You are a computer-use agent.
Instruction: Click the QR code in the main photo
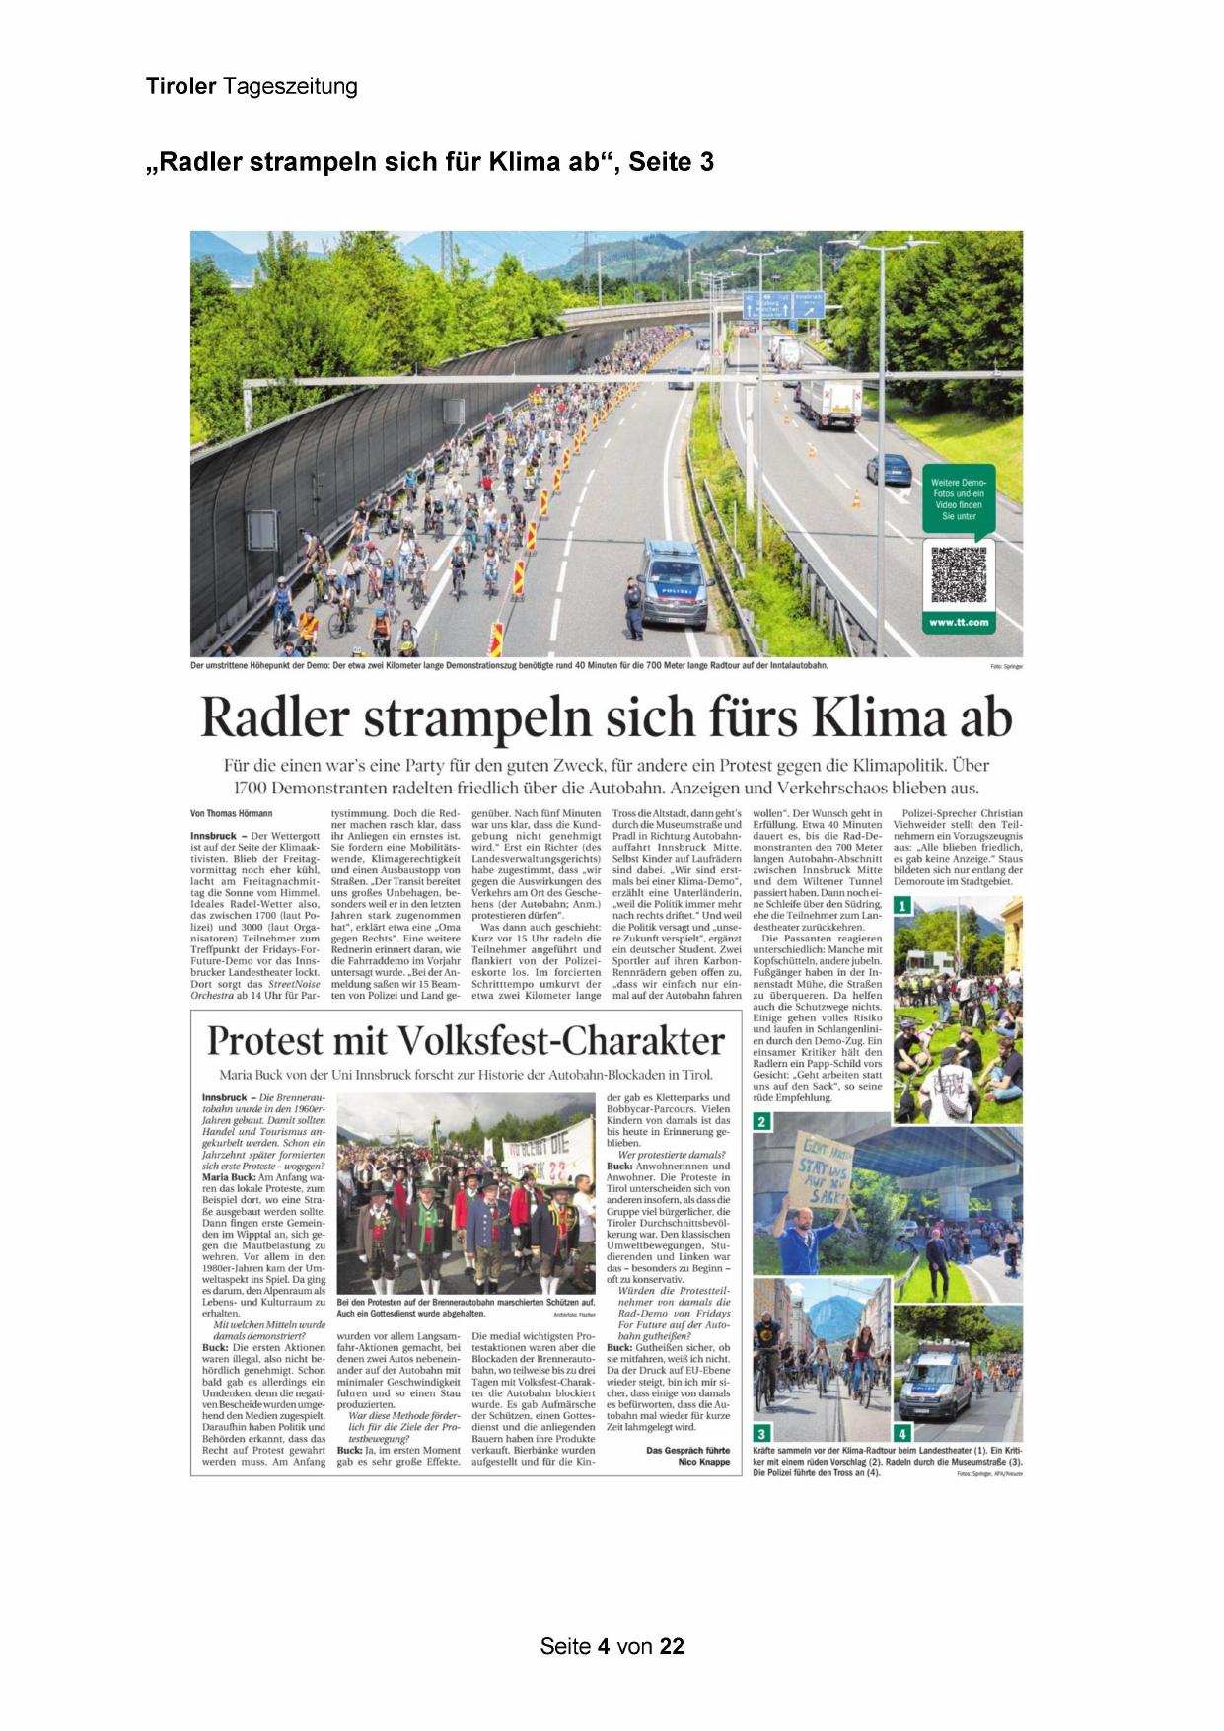pos(958,573)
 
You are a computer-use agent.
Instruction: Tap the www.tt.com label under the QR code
pos(958,622)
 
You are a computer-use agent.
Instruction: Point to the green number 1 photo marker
pos(900,906)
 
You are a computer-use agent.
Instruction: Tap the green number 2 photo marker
pos(761,1122)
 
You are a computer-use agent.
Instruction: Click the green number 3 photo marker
pos(761,1433)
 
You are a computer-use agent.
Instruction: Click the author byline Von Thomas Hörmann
pos(232,813)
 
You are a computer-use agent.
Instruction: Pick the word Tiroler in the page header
pos(180,86)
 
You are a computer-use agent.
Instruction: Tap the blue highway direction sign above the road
pos(783,304)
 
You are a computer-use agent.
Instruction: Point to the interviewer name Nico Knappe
pos(704,1462)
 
